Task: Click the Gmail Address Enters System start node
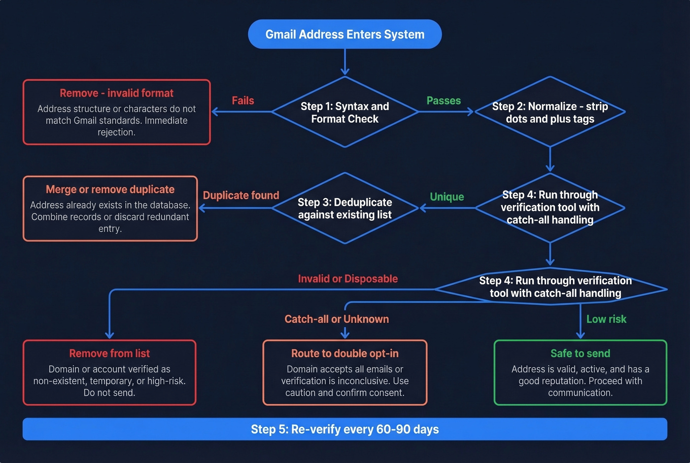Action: pyautogui.click(x=345, y=34)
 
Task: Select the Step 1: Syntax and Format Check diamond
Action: pyautogui.click(x=345, y=112)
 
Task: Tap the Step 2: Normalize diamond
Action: pyautogui.click(x=550, y=112)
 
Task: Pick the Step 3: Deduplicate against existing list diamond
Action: pyautogui.click(x=345, y=208)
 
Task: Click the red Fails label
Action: pyautogui.click(x=243, y=101)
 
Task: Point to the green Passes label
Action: pyautogui.click(x=444, y=101)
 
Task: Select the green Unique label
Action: pyautogui.click(x=447, y=197)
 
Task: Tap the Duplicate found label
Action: pyautogui.click(x=241, y=195)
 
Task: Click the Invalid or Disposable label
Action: pyautogui.click(x=347, y=279)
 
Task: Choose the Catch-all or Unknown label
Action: pyautogui.click(x=337, y=319)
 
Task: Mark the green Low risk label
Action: pyautogui.click(x=606, y=319)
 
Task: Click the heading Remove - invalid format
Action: pyautogui.click(x=116, y=93)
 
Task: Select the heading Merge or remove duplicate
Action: pyautogui.click(x=110, y=189)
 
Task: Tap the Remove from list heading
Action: pyautogui.click(x=109, y=354)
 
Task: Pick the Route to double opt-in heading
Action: pyautogui.click(x=345, y=354)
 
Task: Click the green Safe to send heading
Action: pyautogui.click(x=580, y=354)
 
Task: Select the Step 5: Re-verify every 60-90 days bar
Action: pyautogui.click(x=345, y=429)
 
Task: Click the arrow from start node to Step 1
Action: pyautogui.click(x=345, y=62)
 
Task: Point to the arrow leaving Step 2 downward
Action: pyautogui.click(x=550, y=159)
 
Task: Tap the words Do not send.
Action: pyautogui.click(x=109, y=393)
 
